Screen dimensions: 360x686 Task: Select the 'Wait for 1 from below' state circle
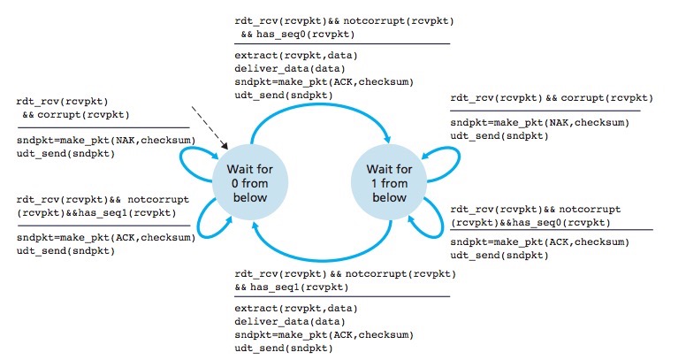tap(389, 181)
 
